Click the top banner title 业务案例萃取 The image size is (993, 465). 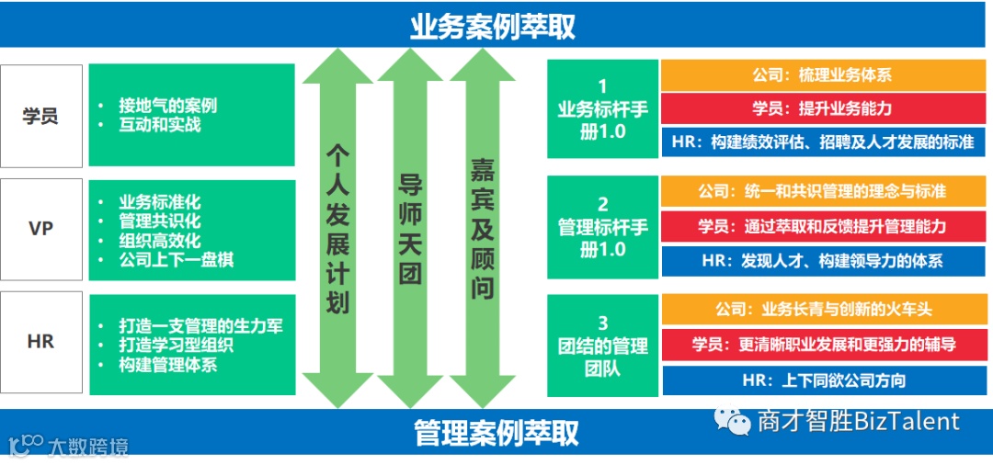click(493, 26)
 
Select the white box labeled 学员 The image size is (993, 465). click(41, 116)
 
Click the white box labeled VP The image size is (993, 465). click(41, 229)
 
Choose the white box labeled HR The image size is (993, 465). click(41, 342)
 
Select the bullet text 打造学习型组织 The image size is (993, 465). click(176, 346)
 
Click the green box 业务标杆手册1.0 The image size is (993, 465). click(602, 109)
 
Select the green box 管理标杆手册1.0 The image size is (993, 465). click(602, 226)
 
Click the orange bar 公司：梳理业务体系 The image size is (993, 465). click(822, 75)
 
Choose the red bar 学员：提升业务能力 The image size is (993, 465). click(822, 108)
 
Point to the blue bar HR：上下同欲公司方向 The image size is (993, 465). click(822, 380)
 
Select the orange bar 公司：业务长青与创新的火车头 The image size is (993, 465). click(822, 309)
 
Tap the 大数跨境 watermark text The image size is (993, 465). click(87, 447)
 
